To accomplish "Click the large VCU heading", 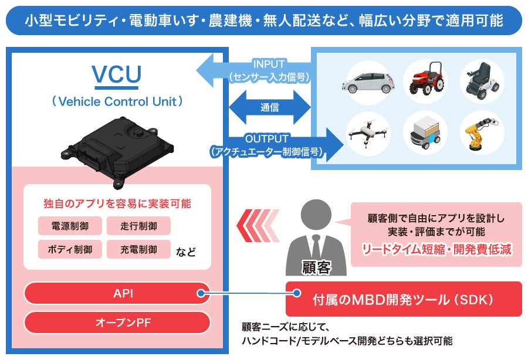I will coord(116,74).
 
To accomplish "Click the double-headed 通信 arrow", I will coord(269,107).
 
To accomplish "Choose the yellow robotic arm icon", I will coord(482,133).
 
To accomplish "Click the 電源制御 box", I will coord(70,226).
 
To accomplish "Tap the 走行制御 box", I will coord(138,226).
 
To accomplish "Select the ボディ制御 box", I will coord(70,249).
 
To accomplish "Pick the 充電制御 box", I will coord(138,249).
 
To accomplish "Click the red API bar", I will coord(117,293).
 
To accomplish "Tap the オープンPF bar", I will coord(117,322).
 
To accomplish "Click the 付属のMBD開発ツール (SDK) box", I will coord(404,299).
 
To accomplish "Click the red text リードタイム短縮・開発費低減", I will coord(436,249).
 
